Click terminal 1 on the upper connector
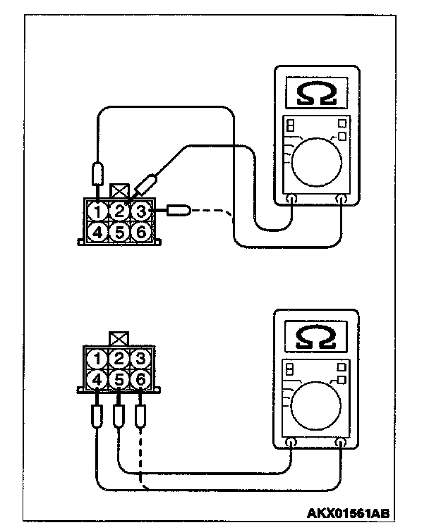point(99,211)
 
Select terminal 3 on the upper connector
point(141,210)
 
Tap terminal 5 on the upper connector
point(121,230)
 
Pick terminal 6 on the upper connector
point(141,230)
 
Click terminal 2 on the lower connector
point(120,359)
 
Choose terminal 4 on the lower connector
point(99,381)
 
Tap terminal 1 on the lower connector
point(99,359)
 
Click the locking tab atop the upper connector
point(119,190)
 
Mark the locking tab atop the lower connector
point(119,340)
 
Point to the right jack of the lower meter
point(341,443)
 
